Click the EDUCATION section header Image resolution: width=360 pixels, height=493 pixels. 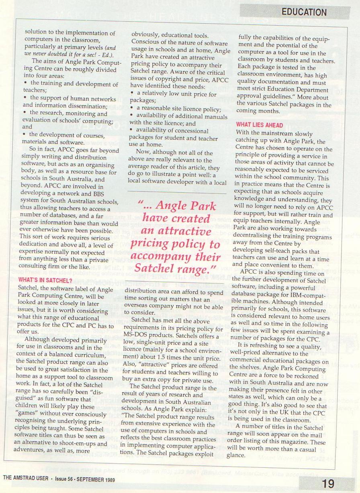304,12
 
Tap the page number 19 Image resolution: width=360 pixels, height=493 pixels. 328,483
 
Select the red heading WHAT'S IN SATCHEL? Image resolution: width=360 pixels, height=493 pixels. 45,281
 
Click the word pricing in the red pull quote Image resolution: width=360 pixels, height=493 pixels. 153,244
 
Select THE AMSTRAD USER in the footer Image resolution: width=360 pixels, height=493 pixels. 26,479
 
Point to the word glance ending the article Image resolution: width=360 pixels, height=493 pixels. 236,455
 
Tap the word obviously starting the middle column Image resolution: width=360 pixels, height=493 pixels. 147,36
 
